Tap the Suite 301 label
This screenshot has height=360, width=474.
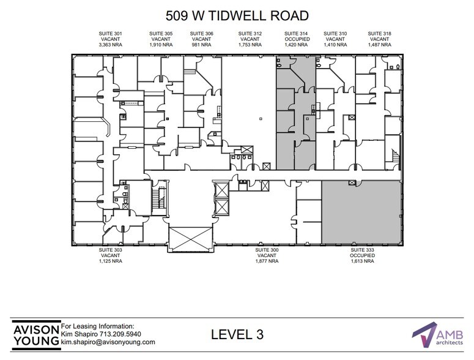(109, 33)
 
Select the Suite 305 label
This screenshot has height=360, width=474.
(162, 33)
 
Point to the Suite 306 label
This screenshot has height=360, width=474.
(201, 33)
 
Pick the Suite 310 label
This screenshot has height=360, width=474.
(335, 33)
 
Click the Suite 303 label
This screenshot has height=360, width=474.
(111, 250)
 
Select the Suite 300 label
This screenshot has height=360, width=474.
(267, 250)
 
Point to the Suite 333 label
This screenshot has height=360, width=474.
(362, 250)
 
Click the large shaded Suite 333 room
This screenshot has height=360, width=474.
(362, 211)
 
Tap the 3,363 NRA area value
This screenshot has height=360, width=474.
(109, 45)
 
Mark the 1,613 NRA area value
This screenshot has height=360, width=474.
(362, 261)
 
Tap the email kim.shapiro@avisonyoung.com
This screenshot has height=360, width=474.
(108, 342)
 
